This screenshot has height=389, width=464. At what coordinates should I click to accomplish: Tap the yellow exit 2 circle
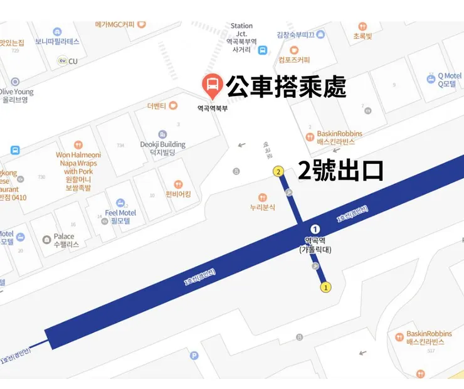point(278,171)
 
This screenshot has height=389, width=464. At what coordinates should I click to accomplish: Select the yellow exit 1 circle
point(325,287)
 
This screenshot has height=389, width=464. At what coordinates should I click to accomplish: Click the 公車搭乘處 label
point(286,87)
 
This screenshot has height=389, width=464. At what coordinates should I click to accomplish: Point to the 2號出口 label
point(340,171)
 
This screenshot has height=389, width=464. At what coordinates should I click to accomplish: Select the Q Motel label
point(448,80)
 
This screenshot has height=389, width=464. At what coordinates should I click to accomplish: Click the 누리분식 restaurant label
point(263,207)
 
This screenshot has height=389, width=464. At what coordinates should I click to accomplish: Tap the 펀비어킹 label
point(178,194)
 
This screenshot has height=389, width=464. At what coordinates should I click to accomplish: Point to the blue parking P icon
point(194,356)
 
